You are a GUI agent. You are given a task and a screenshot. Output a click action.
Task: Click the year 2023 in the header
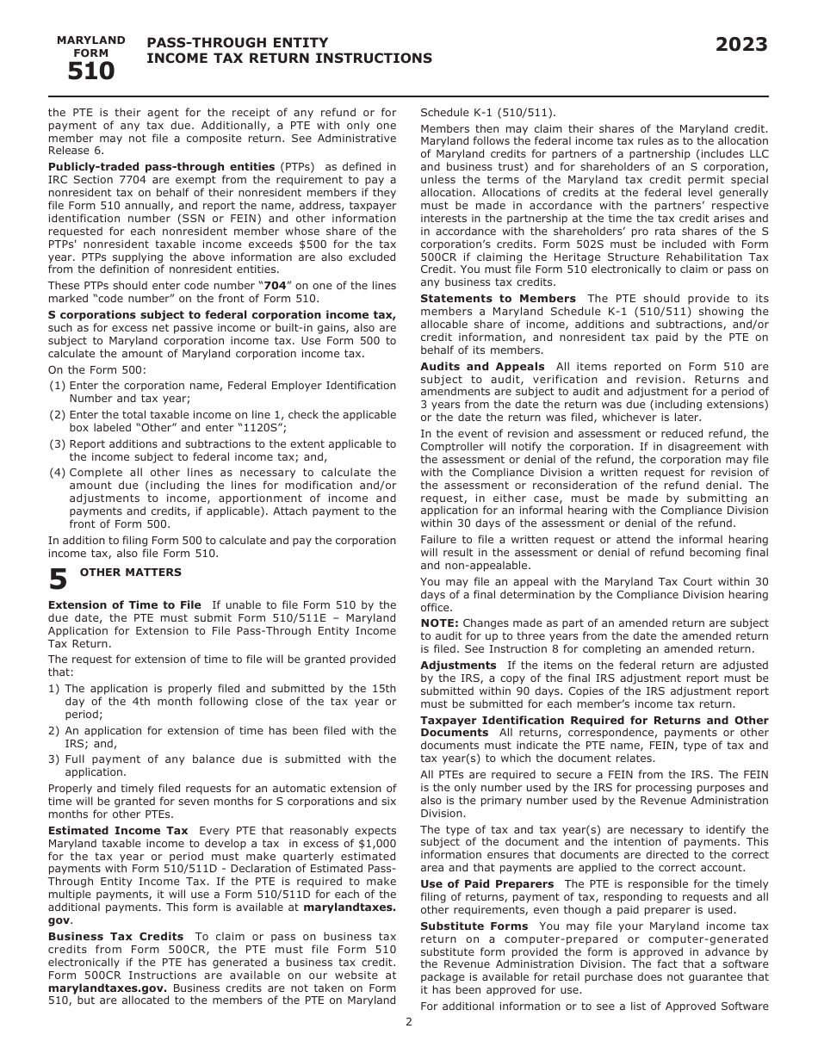pos(741,45)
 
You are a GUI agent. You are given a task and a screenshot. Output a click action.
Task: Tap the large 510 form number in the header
pos(90,72)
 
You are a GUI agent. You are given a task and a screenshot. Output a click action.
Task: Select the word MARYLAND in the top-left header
pos(90,40)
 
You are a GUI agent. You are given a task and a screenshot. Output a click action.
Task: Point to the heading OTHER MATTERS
pos(131,573)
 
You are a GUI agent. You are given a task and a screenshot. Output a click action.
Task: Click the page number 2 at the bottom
pos(409,1022)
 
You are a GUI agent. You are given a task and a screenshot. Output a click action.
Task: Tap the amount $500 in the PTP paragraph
pos(320,244)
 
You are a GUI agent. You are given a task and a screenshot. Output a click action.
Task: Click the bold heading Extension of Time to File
pos(124,605)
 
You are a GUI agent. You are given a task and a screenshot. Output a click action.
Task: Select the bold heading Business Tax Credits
pos(115,936)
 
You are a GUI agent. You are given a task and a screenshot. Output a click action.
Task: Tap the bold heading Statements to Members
pos(498,299)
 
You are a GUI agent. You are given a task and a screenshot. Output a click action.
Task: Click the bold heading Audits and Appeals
pos(482,367)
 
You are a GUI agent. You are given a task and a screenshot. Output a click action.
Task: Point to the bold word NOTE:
pos(439,623)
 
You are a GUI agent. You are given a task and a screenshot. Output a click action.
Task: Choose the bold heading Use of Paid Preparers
pos(486,884)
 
